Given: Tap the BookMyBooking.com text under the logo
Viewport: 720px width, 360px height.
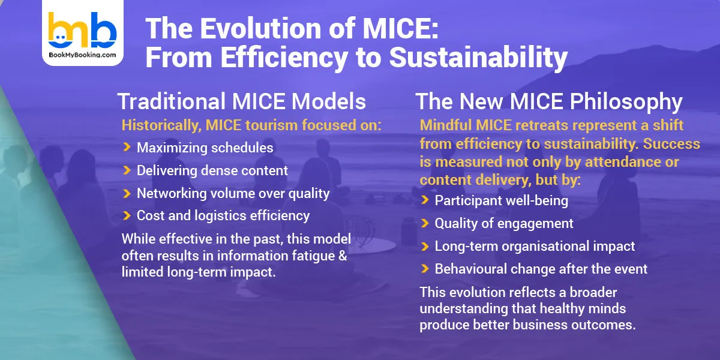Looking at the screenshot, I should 82,55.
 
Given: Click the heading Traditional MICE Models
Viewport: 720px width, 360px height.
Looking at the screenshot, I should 242,101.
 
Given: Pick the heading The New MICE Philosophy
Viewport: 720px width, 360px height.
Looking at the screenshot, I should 548,101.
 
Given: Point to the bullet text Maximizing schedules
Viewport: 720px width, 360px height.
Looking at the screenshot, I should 205,148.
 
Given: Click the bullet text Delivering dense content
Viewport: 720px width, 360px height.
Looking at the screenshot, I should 212,170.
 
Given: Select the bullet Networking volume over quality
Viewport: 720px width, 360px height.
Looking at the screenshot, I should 233,193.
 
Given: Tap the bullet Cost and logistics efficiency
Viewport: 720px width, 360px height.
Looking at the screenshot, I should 223,215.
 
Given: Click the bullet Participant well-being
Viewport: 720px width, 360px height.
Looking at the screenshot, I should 501,200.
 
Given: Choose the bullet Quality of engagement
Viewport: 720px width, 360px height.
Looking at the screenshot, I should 504,223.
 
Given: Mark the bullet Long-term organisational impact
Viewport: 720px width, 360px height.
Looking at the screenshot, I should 535,246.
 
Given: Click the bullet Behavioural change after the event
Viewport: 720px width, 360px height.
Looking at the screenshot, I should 541,269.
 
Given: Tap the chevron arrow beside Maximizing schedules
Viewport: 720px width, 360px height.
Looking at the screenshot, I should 127,148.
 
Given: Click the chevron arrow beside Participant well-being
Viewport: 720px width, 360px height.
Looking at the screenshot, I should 425,200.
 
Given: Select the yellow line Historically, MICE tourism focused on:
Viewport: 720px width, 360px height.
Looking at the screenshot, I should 251,125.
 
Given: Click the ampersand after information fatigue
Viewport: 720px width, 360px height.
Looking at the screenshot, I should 345,255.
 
